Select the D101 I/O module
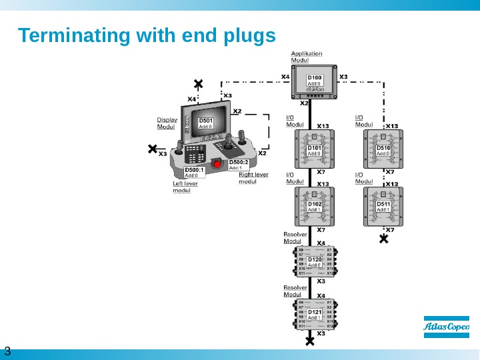315,150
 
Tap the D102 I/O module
315,206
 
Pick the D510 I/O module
384,150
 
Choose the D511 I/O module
384,206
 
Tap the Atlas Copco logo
447,327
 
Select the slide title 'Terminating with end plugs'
147,35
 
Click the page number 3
7,351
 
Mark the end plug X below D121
309,341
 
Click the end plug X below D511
383,238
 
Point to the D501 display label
206,123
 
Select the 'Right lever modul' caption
253,178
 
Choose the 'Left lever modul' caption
186,187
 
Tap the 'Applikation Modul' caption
306,57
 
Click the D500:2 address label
239,165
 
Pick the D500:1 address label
193,173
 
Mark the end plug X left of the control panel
153,149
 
